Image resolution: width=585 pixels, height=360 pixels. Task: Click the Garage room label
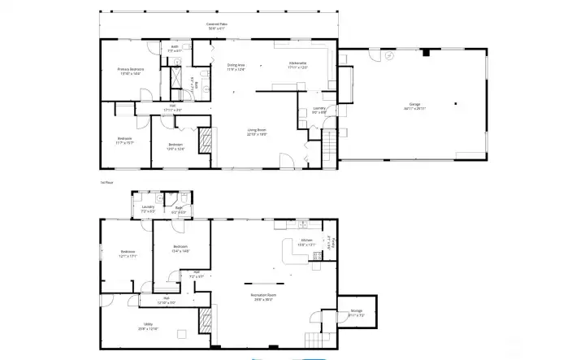[414, 106]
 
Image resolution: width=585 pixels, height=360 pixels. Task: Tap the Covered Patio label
[215, 25]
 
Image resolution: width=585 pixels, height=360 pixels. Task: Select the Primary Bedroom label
[131, 71]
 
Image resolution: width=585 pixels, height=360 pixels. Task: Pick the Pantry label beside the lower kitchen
[328, 242]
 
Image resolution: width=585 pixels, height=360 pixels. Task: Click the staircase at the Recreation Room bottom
[313, 338]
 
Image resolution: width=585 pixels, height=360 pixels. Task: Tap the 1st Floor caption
[105, 183]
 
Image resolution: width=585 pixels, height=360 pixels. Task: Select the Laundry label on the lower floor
[148, 208]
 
